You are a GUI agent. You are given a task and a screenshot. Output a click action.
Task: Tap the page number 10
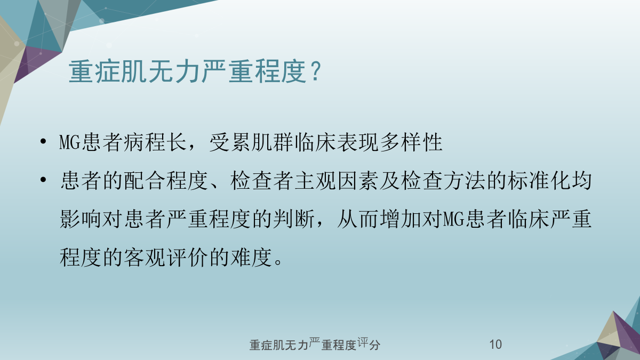pos(495,345)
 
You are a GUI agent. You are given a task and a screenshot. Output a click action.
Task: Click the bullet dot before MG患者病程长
pos(43,141)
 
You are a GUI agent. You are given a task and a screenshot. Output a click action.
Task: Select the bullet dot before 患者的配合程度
pos(43,180)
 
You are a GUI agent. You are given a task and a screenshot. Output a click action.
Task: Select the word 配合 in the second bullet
pos(145,181)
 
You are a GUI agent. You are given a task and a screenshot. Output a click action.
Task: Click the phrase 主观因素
pos(337,181)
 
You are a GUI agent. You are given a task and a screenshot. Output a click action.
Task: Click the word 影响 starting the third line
pos(81,219)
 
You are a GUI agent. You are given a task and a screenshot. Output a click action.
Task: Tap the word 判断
pos(294,219)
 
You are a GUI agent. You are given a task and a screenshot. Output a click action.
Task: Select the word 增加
pos(401,219)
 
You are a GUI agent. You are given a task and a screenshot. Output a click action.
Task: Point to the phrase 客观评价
pos(166,258)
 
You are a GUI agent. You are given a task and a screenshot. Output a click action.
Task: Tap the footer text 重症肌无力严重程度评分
pos(315,345)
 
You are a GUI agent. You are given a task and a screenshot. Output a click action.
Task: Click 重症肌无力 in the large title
pos(134,71)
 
